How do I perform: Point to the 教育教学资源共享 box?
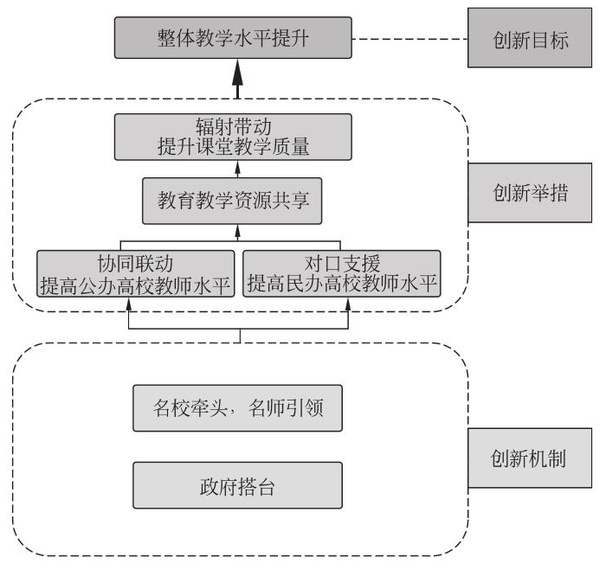238,206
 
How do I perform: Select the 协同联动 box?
136,273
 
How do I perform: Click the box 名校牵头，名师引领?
238,408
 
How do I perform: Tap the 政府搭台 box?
238,484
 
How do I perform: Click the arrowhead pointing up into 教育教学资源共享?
238,230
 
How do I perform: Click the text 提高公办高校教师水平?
136,285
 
